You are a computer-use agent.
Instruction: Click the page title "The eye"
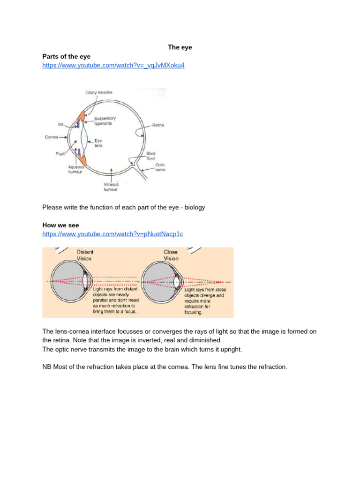point(180,47)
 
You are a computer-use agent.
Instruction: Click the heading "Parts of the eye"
point(66,57)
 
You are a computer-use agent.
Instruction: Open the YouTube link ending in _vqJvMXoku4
point(113,66)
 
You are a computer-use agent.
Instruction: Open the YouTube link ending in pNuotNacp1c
point(112,234)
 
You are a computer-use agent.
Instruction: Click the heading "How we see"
point(60,225)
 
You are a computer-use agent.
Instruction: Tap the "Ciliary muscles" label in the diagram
point(98,93)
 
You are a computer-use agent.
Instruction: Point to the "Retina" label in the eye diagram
point(157,125)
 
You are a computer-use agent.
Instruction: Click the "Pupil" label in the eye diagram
point(60,153)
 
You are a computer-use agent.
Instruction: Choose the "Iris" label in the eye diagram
point(60,124)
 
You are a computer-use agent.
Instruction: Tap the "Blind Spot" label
point(151,156)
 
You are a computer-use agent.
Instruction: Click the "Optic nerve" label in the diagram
point(160,167)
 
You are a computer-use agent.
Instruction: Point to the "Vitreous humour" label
point(111,187)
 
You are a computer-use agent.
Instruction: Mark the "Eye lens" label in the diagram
point(98,143)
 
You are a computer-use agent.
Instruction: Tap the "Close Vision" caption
point(171,255)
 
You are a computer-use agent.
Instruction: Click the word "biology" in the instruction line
point(194,207)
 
